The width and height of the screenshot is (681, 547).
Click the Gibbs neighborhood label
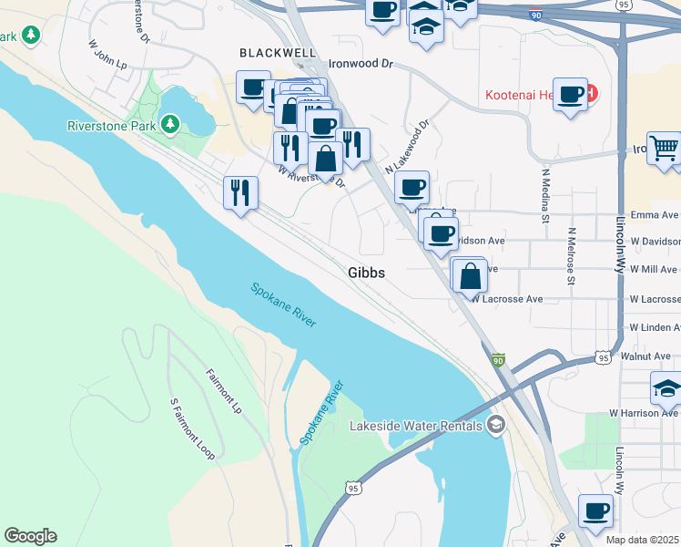coord(367,273)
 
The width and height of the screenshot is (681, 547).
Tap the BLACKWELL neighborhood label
coord(270,53)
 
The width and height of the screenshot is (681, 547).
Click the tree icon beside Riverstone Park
coord(169,123)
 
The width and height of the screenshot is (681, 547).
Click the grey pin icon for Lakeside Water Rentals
coord(496,424)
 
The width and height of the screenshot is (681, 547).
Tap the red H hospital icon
coord(592,93)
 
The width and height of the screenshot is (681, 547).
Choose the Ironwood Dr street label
coord(360,65)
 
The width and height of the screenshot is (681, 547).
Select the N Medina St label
coord(546,194)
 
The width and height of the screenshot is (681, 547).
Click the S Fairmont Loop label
coord(191,428)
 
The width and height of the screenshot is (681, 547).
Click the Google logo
coord(30,536)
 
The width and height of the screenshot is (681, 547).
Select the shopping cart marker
coord(666,147)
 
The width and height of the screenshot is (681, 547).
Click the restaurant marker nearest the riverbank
coord(240,191)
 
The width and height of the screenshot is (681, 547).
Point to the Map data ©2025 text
coord(643,540)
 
